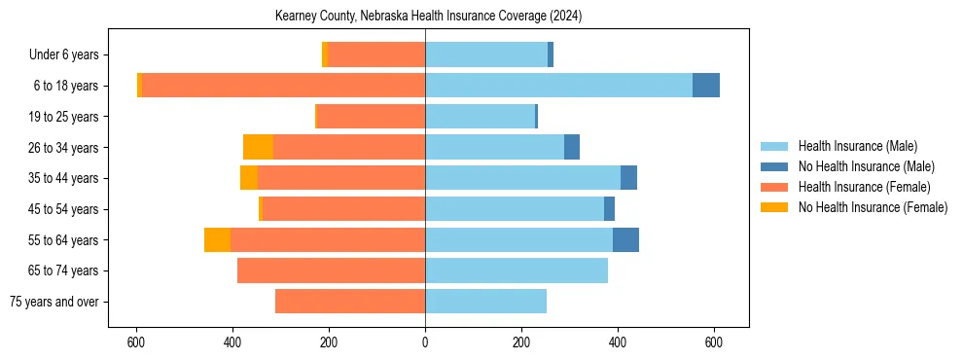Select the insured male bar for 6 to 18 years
click(x=558, y=86)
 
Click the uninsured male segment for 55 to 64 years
click(x=625, y=239)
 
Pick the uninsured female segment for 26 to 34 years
click(x=258, y=147)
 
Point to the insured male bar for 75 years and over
click(x=485, y=302)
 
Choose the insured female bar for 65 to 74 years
click(x=331, y=270)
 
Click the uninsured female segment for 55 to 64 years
click(x=217, y=239)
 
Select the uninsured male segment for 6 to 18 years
click(x=706, y=86)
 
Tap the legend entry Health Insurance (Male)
click(x=857, y=146)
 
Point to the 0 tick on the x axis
click(x=425, y=342)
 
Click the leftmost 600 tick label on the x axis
click(x=136, y=342)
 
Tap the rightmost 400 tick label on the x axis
click(x=618, y=342)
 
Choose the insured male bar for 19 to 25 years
click(x=480, y=117)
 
